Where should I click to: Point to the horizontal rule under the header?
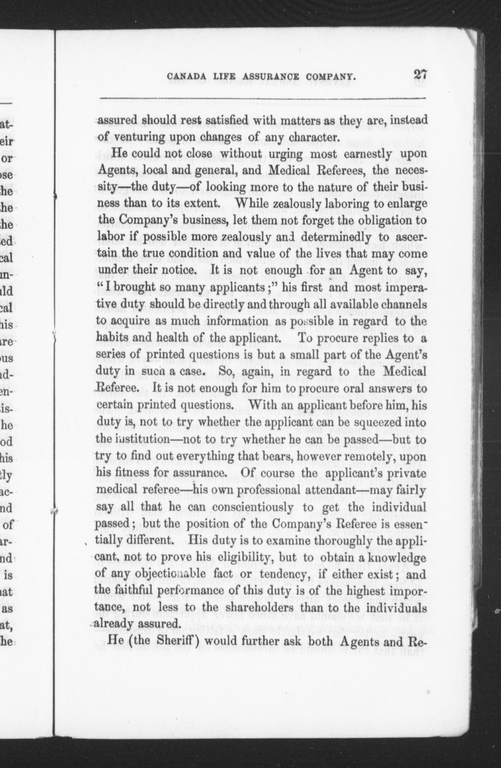point(263,98)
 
